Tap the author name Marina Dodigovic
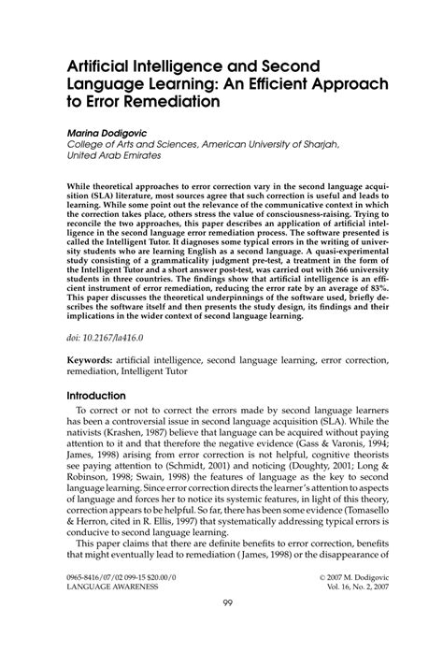tap(109, 134)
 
